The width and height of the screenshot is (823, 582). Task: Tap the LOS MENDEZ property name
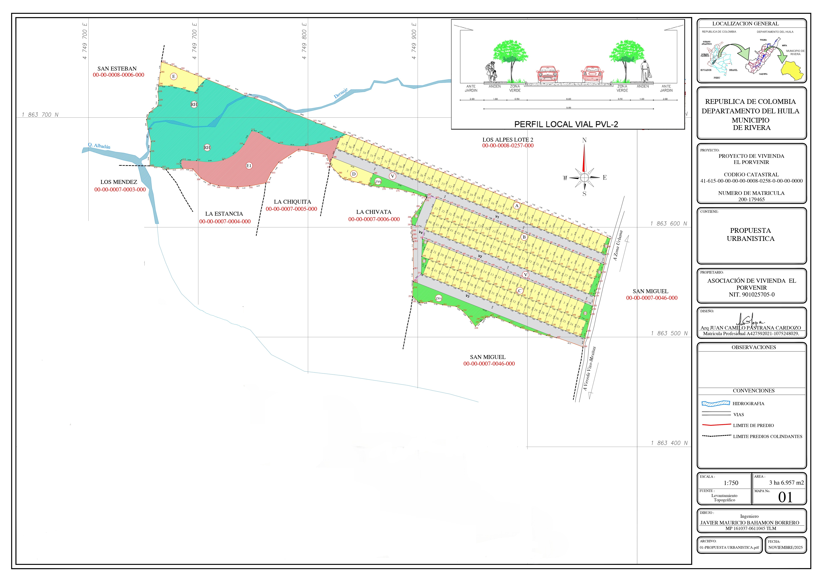[119, 182]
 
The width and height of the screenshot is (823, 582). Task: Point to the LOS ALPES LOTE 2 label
[508, 140]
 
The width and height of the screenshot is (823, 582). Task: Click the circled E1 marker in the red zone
[249, 166]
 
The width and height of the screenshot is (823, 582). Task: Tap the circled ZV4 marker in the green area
[438, 298]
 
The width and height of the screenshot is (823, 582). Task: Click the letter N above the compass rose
[584, 140]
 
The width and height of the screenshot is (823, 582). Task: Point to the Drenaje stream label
[341, 93]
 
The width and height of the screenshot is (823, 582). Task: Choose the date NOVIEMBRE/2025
[785, 548]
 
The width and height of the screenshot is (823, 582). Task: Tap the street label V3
[467, 296]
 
